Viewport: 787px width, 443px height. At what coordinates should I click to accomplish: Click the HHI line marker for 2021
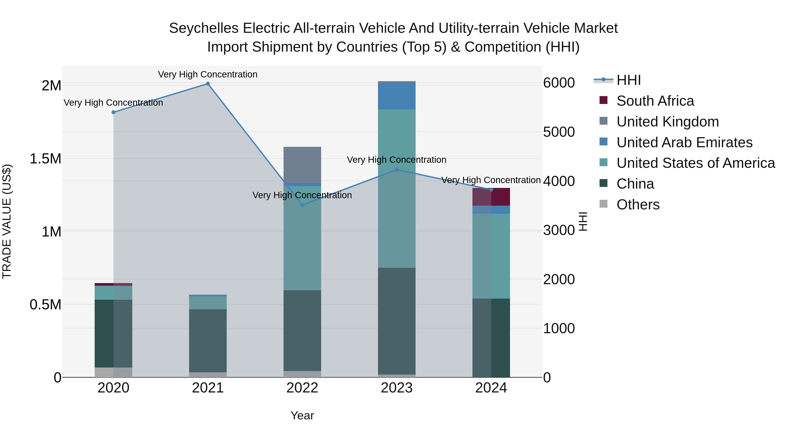(x=208, y=84)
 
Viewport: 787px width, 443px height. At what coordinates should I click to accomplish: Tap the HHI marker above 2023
(x=397, y=170)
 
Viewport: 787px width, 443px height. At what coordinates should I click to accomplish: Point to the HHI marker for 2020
(x=113, y=112)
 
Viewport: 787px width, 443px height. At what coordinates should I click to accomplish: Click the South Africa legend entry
(x=655, y=101)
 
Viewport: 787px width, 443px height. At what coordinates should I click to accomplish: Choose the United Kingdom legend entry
(x=668, y=122)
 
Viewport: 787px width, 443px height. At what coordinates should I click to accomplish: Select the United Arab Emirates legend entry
(x=684, y=142)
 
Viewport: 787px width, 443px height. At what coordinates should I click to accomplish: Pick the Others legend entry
(x=638, y=205)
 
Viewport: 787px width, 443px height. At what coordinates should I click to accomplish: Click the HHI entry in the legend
(x=629, y=80)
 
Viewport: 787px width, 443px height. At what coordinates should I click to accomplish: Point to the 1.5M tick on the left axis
(x=45, y=159)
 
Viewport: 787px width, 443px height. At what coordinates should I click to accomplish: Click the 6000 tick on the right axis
(x=559, y=83)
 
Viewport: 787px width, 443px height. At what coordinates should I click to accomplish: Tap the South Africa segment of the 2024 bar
(x=491, y=197)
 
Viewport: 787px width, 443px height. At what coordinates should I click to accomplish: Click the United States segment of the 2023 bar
(x=397, y=188)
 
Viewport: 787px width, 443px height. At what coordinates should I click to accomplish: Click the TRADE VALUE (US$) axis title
(x=7, y=221)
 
